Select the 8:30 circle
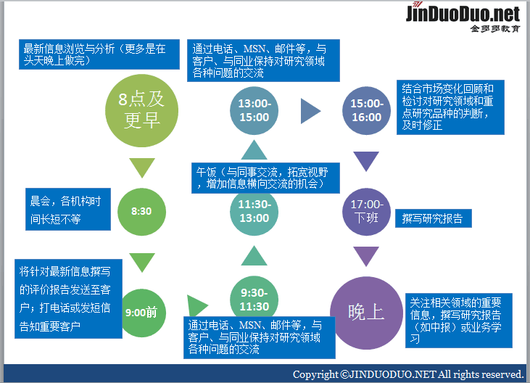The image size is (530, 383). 141,211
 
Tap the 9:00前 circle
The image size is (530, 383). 141,313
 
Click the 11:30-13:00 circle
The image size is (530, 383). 254,211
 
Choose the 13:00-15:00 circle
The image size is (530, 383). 254,110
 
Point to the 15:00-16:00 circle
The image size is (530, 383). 366,110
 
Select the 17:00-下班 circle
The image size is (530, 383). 366,211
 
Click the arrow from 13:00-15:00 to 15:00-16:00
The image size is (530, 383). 310,111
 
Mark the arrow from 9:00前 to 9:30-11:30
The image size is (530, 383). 196,306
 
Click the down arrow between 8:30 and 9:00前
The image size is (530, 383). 142,261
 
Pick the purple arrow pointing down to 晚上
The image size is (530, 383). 366,256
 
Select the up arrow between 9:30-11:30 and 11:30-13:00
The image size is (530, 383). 254,255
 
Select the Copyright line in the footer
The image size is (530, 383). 407,374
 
